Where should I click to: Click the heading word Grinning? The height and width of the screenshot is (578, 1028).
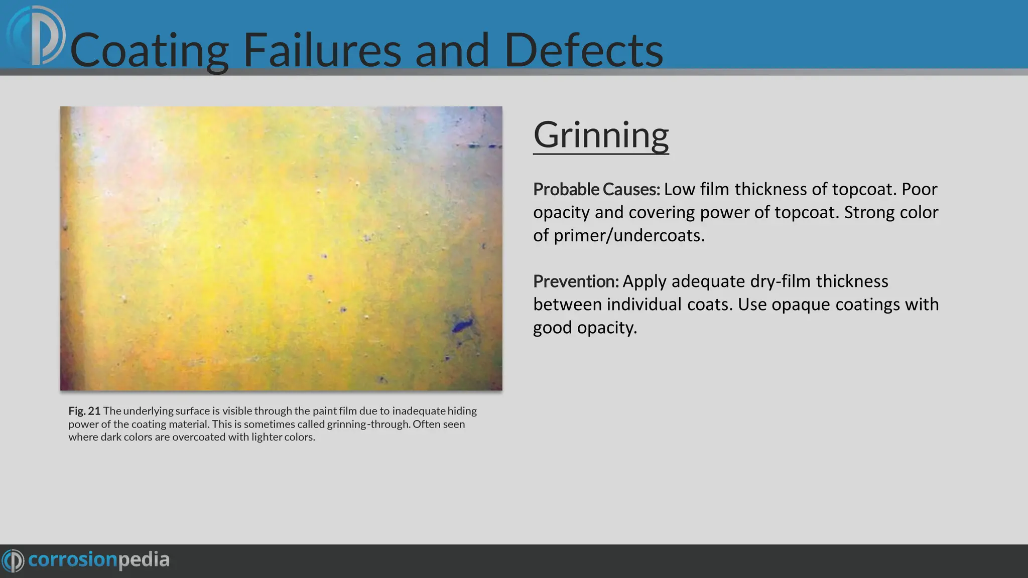click(x=601, y=135)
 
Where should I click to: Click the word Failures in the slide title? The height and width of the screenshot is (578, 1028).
click(x=322, y=50)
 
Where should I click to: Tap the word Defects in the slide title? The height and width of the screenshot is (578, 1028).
click(x=583, y=50)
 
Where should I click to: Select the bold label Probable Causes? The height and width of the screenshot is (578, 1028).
click(x=596, y=190)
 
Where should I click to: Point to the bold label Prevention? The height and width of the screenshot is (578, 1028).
click(x=576, y=281)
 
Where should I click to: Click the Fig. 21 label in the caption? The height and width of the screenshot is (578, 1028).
click(x=84, y=411)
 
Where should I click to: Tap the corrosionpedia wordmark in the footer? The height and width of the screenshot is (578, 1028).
click(x=99, y=559)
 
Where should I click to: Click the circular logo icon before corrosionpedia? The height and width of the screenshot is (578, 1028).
click(x=13, y=560)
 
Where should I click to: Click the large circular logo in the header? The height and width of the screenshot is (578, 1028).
click(x=37, y=36)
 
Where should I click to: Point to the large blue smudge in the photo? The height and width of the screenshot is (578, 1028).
click(x=462, y=325)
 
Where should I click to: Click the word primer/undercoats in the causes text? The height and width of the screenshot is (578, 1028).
click(x=629, y=235)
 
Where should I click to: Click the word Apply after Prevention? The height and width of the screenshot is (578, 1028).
click(x=645, y=282)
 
